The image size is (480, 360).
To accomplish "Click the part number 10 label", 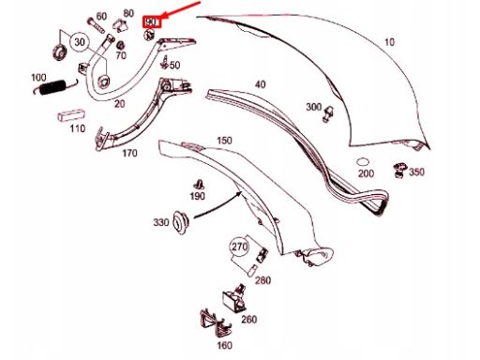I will click(389, 42).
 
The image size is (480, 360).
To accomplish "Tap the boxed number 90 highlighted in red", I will click(151, 21).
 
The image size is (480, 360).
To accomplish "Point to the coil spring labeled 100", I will click(49, 90).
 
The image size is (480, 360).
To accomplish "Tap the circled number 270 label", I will click(239, 248).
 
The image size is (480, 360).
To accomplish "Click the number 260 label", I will click(248, 319).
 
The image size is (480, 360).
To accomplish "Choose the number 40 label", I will click(260, 85).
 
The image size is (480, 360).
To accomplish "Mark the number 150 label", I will click(224, 140).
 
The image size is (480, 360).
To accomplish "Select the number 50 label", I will click(175, 65).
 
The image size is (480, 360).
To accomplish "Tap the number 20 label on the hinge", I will click(119, 103).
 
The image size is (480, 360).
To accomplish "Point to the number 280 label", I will click(263, 280).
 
